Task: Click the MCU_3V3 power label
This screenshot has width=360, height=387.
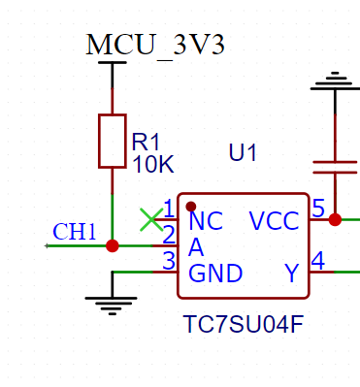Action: pos(155,45)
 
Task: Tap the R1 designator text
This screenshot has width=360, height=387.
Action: pos(146,142)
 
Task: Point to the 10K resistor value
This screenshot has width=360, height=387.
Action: pos(153,164)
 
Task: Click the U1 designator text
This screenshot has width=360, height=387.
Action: pos(243,152)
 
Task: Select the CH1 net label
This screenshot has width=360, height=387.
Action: pos(75,232)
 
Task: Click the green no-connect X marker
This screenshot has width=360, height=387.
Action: pos(151,220)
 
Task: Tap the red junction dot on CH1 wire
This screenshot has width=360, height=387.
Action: pos(113,246)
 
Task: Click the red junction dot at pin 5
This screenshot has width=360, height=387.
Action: pos(335,220)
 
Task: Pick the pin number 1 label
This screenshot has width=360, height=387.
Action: pos(169,209)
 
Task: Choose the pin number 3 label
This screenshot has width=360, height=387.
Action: pos(169,261)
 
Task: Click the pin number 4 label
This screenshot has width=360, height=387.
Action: pos(318,261)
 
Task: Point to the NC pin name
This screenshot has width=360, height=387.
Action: pos(206,221)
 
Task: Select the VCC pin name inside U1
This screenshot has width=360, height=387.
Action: pos(275,221)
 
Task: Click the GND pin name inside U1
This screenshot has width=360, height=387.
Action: pos(215,274)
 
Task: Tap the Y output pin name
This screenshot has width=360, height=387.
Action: pos(292,274)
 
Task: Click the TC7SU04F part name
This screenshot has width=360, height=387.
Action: pos(244,325)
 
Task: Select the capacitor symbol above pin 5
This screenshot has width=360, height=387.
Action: pos(335,167)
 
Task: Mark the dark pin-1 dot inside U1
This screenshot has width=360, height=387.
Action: pos(191,207)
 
